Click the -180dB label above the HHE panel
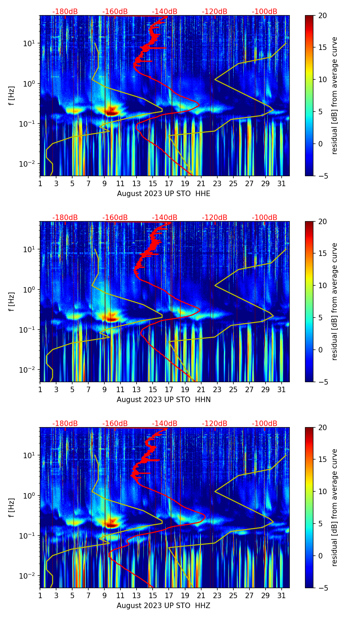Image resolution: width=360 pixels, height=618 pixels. click(65, 12)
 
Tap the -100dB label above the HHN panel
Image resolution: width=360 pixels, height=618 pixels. click(265, 218)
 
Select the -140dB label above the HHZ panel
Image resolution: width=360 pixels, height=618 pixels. click(165, 424)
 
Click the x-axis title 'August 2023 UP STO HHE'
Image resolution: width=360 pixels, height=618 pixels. click(164, 194)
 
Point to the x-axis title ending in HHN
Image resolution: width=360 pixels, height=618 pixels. click(164, 400)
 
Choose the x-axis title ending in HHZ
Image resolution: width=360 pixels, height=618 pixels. click(164, 606)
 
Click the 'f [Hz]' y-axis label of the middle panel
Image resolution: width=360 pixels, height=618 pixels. click(12, 301)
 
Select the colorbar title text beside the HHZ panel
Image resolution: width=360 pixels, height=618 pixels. click(334, 507)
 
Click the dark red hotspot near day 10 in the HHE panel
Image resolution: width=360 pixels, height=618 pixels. click(112, 112)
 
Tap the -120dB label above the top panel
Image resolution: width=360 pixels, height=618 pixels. click(215, 12)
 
